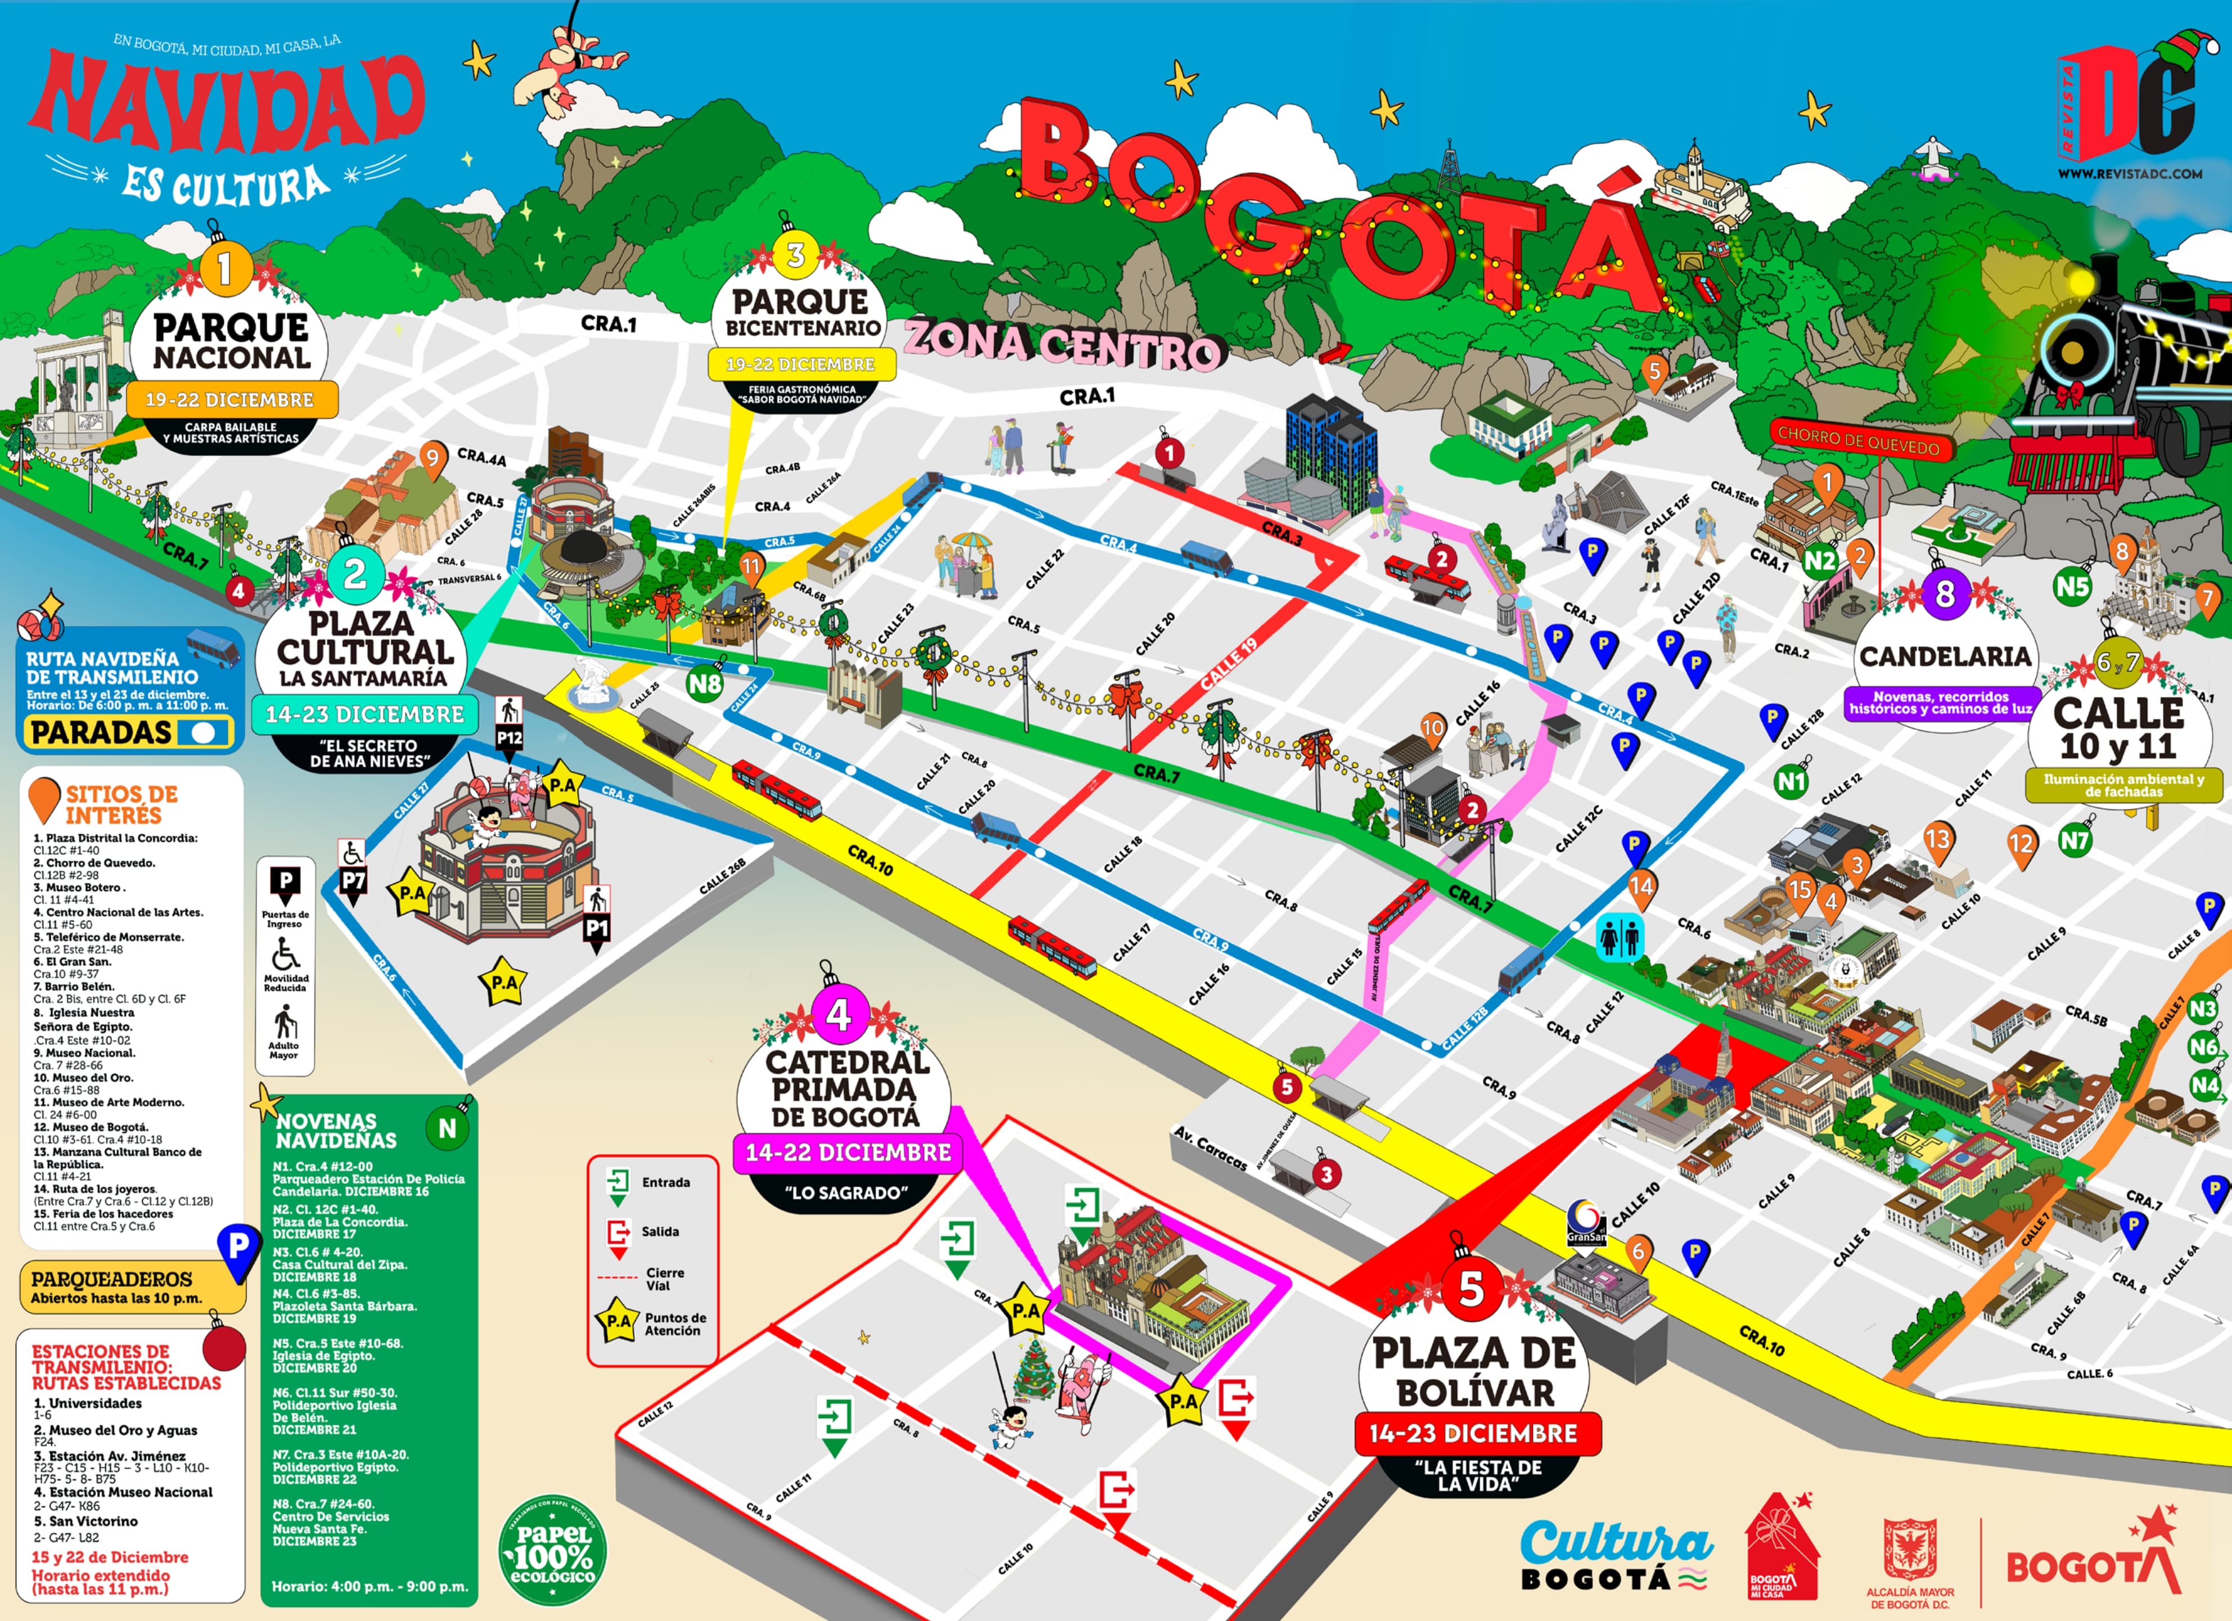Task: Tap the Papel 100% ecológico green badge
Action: (553, 1553)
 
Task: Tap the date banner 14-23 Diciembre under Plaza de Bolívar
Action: (1476, 1433)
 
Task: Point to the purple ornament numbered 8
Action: (1945, 595)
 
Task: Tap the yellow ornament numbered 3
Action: (795, 256)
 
